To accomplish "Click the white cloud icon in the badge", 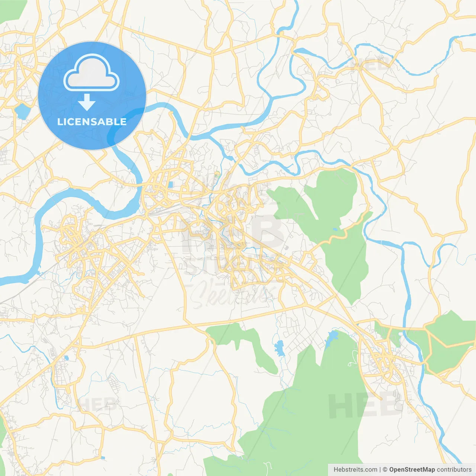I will click(91, 73).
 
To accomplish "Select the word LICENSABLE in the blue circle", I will click(92, 122).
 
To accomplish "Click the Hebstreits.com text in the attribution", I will click(355, 470).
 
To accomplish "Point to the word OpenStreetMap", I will click(412, 470).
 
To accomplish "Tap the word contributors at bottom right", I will click(454, 470).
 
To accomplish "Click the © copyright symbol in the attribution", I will click(385, 470).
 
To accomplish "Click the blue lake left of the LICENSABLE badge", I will click(22, 111).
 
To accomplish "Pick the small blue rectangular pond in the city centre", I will click(170, 184).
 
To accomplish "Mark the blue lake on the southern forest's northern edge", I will click(332, 337).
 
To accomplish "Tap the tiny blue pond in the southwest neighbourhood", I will click(66, 358).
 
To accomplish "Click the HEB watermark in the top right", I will click(370, 65).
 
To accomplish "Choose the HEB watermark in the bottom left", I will click(97, 403).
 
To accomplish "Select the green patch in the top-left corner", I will click(11, 9).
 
